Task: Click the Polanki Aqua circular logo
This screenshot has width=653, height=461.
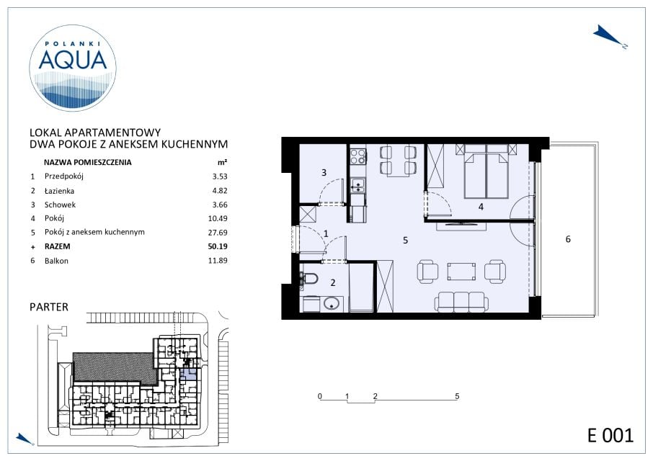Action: [73, 68]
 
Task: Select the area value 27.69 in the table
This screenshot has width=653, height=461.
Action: [218, 233]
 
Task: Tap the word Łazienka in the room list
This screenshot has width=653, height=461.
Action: [59, 191]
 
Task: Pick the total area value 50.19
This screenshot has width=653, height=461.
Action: [218, 246]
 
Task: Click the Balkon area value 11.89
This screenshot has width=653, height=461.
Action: [218, 261]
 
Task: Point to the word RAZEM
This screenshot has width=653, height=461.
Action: [58, 246]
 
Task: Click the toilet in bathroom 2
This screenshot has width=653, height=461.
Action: [308, 278]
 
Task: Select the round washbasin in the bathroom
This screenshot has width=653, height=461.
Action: [331, 304]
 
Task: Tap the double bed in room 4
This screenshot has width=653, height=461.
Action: [486, 171]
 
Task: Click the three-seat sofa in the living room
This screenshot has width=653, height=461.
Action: [461, 302]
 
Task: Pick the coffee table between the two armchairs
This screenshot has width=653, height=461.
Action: [461, 272]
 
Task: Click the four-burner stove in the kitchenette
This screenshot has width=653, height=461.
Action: [357, 156]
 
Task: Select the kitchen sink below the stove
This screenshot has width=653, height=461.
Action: [357, 185]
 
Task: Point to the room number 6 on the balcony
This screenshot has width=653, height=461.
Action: [568, 239]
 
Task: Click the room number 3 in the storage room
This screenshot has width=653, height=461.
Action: [324, 172]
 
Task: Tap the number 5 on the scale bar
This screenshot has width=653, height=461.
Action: [457, 396]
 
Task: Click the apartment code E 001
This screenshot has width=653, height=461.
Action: [610, 436]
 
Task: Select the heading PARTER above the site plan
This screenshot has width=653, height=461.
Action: [49, 307]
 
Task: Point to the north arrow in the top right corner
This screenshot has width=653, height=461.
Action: [609, 37]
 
